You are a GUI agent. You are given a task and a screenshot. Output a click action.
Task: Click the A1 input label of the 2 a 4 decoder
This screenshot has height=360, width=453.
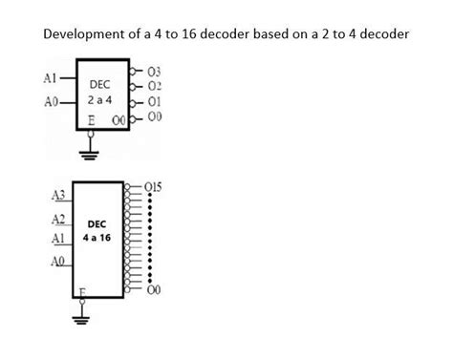(x=53, y=76)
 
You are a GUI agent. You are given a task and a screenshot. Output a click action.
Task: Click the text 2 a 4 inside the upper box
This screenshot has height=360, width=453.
(x=100, y=98)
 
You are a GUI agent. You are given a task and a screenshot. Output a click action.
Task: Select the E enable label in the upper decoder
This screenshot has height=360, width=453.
(x=91, y=122)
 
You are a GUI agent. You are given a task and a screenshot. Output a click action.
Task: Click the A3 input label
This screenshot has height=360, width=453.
(x=57, y=196)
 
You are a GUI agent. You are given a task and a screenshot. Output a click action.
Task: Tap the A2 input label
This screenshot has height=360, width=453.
(x=57, y=219)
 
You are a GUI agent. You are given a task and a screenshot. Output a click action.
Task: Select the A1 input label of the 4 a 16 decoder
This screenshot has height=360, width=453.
(x=57, y=236)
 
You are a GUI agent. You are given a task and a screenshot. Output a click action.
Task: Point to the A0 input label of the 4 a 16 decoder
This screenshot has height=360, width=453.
(x=57, y=260)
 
